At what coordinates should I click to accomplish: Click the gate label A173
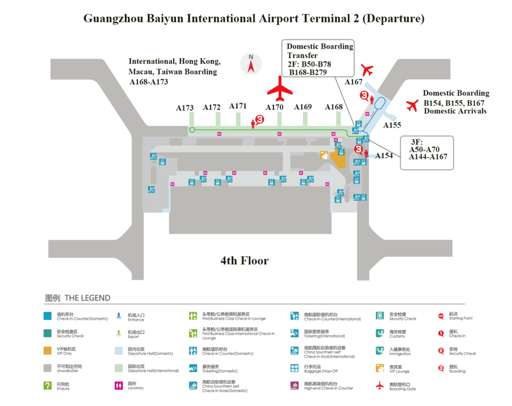click(x=185, y=108)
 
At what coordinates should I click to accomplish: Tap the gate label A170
click(x=274, y=107)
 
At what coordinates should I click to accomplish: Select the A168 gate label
click(x=334, y=107)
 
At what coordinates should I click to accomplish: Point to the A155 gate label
click(x=392, y=125)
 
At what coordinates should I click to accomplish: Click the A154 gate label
click(x=384, y=155)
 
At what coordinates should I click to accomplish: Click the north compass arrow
click(x=251, y=66)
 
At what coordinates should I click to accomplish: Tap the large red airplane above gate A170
click(x=280, y=89)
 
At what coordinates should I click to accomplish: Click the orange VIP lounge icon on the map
click(x=324, y=155)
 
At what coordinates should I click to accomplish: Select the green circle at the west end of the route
click(x=192, y=130)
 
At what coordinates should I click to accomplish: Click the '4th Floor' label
click(x=245, y=261)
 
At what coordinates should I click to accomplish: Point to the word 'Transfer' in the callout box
click(x=302, y=56)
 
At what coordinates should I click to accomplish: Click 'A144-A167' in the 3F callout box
click(x=428, y=157)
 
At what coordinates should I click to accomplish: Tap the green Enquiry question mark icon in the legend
click(x=47, y=385)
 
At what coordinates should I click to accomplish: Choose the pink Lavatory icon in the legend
click(x=119, y=385)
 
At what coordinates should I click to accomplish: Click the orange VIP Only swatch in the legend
click(x=47, y=350)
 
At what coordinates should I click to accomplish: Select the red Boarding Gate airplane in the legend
click(x=379, y=386)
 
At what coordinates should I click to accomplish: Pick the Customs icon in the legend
click(x=379, y=333)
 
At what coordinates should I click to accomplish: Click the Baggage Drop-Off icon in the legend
click(x=294, y=368)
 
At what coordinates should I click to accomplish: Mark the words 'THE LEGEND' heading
click(x=87, y=298)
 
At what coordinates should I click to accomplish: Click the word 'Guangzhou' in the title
click(x=113, y=19)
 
